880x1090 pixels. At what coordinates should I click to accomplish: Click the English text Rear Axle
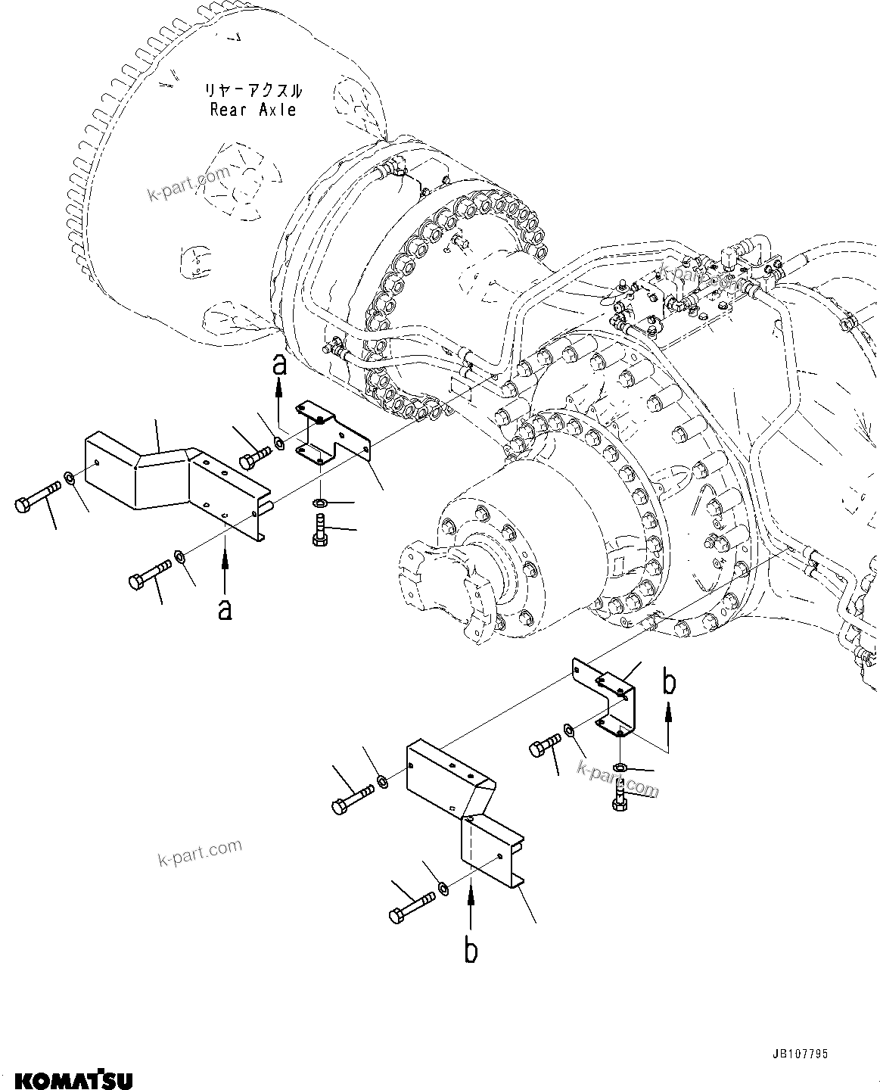pos(253,111)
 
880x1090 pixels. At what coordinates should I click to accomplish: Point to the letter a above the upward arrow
pos(279,366)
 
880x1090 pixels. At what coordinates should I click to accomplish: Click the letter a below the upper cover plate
pos(224,609)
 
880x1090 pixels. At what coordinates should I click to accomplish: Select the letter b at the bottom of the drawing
pos(471,951)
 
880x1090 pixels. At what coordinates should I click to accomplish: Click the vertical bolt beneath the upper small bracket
pos(319,528)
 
